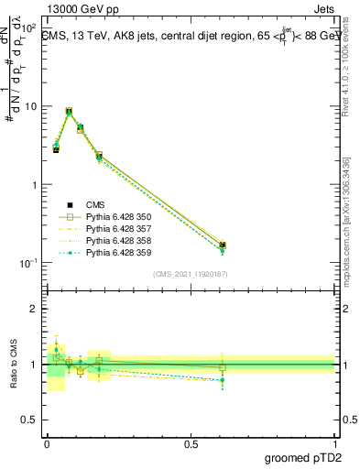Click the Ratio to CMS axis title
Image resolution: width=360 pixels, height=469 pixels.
15,364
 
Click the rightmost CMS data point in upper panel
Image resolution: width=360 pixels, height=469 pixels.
223,245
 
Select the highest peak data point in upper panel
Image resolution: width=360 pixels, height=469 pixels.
70,111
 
